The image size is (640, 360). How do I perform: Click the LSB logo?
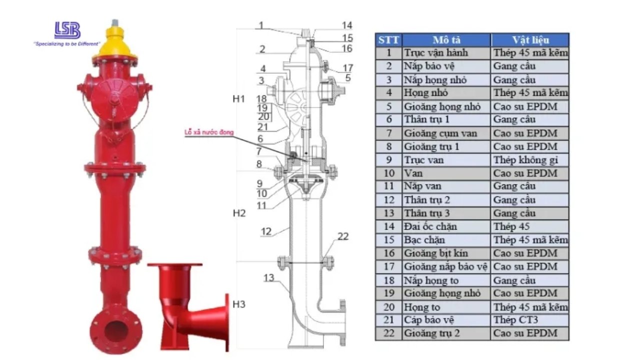pos(67,30)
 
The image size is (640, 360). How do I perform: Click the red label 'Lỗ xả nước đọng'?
pos(209,132)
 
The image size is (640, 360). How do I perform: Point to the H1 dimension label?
pos(239,99)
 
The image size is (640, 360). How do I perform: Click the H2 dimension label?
pos(239,213)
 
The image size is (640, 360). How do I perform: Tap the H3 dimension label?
pos(239,304)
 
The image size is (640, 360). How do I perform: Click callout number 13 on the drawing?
pos(269,278)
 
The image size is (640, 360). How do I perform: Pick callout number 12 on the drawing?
pos(266,231)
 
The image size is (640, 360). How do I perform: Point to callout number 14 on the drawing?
pos(347,25)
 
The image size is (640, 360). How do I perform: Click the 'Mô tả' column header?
pos(446,40)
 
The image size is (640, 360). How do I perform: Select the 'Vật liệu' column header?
pos(530,40)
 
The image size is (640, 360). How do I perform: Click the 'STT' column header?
pos(388,40)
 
